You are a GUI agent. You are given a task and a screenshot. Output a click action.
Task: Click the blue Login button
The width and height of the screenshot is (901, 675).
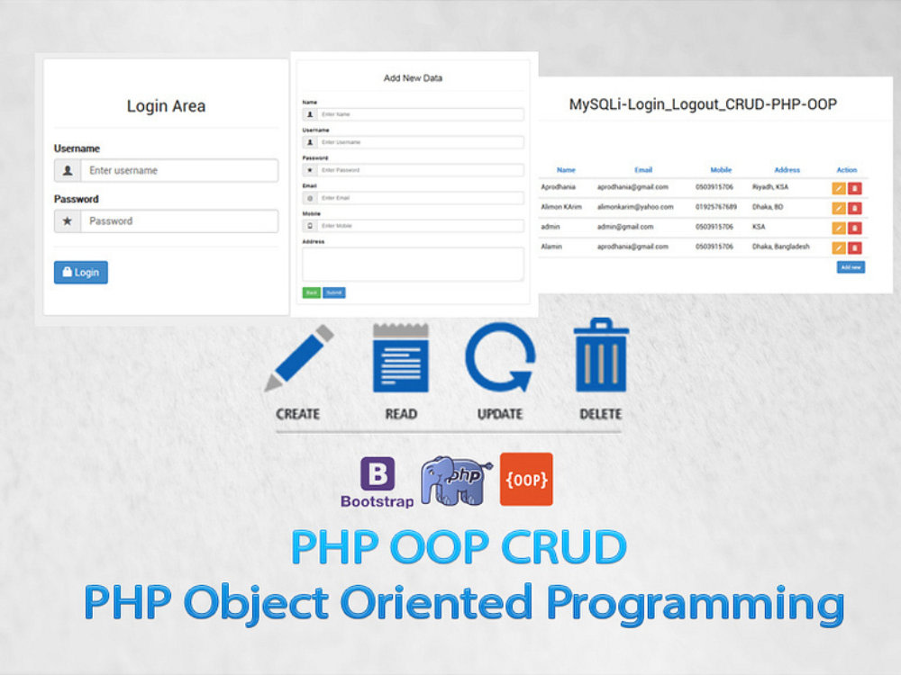pos(81,272)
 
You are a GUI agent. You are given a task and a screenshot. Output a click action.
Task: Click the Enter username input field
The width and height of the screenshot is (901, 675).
pos(178,170)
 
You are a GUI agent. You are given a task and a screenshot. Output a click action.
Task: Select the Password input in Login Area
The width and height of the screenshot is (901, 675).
pos(178,220)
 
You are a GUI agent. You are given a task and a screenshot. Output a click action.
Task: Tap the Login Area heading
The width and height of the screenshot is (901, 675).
pos(166,106)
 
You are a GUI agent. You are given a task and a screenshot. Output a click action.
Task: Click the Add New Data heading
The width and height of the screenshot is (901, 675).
pos(413,78)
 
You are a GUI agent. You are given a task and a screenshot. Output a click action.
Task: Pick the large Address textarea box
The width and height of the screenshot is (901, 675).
pos(413,265)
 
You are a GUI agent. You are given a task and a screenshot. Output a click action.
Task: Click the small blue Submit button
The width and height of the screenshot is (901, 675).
pos(334,292)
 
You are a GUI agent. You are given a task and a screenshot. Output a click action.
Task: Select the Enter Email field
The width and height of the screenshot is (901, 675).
pos(420,197)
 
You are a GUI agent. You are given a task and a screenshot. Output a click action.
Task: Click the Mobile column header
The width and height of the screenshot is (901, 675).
pos(721,169)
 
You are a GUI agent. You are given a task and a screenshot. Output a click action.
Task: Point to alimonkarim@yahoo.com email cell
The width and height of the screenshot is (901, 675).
pos(635,207)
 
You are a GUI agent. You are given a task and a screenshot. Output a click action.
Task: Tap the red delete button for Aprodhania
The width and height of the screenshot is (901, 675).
pos(855,188)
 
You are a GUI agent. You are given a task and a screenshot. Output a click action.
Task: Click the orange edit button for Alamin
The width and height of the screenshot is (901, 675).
pos(839,247)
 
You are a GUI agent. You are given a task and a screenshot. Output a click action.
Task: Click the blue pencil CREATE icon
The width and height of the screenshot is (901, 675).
pos(298,360)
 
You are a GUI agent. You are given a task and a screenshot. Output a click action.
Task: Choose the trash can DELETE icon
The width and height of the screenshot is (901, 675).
pos(601,356)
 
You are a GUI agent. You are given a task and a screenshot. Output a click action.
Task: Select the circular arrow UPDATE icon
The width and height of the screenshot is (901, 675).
pos(499,358)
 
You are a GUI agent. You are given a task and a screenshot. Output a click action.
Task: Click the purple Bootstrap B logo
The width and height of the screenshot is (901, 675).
pos(378,474)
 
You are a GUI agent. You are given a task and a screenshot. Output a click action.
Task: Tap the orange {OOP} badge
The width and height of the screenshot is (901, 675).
pos(526,479)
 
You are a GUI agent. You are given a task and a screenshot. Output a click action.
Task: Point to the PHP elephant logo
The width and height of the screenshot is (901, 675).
pos(455,481)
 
